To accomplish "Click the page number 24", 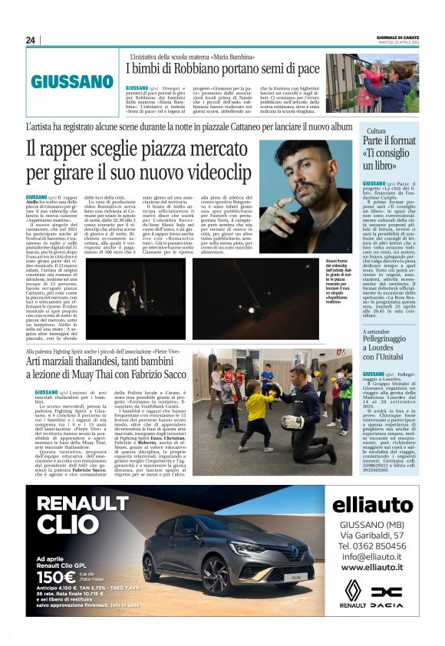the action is tap(30, 40).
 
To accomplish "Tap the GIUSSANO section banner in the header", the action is tap(73, 82).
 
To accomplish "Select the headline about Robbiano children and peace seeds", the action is tap(222, 68).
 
